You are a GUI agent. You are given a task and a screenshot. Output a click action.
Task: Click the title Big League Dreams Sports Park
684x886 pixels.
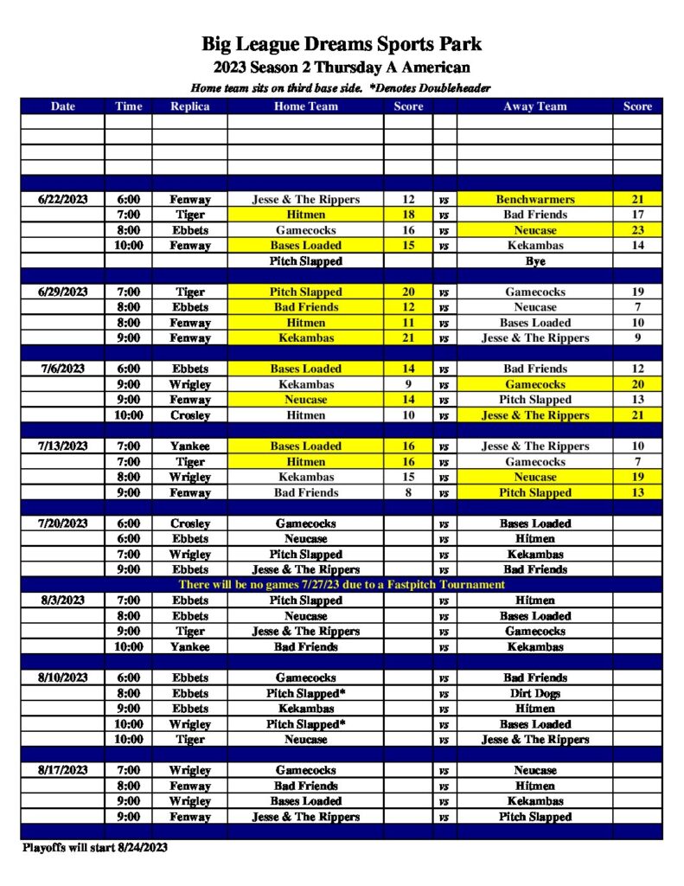(342, 44)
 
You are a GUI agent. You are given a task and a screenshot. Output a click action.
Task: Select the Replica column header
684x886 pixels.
(189, 106)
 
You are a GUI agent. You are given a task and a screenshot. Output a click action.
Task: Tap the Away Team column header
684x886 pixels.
(534, 106)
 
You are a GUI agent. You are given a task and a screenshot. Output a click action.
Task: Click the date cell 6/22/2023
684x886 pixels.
(63, 200)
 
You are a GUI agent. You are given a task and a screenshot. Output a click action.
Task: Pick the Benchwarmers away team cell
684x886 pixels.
(534, 200)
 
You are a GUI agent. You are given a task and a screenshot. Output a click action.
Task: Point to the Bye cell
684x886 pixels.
(534, 260)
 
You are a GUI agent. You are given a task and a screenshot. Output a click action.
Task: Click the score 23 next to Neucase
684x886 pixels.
(637, 231)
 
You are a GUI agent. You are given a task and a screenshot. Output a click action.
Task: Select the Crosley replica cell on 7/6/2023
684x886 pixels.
(189, 415)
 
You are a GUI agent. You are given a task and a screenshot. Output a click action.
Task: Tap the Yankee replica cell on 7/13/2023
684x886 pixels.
(189, 446)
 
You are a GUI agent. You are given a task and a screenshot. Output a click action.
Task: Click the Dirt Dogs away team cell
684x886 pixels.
(534, 694)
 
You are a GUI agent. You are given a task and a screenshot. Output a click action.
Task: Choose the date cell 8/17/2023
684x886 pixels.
(63, 770)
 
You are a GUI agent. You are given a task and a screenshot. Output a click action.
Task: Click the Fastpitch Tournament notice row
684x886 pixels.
(342, 585)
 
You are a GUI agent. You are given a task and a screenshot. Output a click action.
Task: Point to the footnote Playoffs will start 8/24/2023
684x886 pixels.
(94, 848)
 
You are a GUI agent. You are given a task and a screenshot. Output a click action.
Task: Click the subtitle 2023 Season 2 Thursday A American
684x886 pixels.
(342, 67)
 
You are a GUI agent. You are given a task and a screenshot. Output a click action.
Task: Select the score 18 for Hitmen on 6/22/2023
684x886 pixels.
(408, 215)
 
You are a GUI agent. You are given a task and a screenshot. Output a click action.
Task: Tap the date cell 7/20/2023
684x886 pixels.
(63, 523)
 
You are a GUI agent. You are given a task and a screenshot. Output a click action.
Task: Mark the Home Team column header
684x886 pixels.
(305, 106)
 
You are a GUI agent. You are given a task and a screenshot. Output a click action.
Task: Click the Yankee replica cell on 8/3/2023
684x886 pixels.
(189, 647)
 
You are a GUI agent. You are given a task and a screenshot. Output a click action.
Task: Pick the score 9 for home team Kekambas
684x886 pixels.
(408, 384)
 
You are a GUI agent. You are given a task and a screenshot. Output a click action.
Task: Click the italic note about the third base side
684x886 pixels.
(342, 88)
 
